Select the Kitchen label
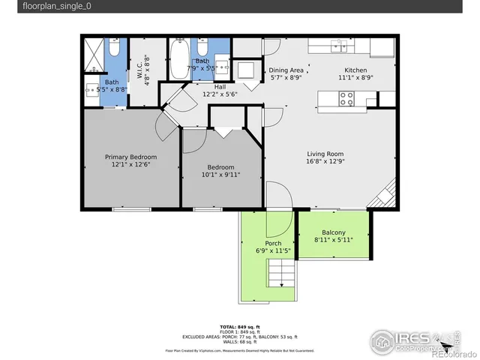tap(355, 69)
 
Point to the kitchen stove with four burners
tap(347, 97)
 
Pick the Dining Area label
tap(286, 69)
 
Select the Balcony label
tap(334, 232)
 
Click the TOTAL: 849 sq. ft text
tap(239, 327)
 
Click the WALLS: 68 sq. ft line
tap(239, 342)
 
